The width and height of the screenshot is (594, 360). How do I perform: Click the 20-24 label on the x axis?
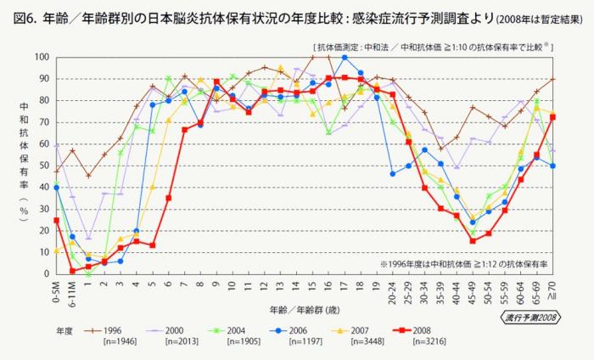[393, 290]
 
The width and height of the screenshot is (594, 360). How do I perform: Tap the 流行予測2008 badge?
[529, 317]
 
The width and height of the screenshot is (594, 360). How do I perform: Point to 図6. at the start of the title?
[22, 15]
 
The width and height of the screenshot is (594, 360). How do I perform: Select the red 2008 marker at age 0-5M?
[57, 220]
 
